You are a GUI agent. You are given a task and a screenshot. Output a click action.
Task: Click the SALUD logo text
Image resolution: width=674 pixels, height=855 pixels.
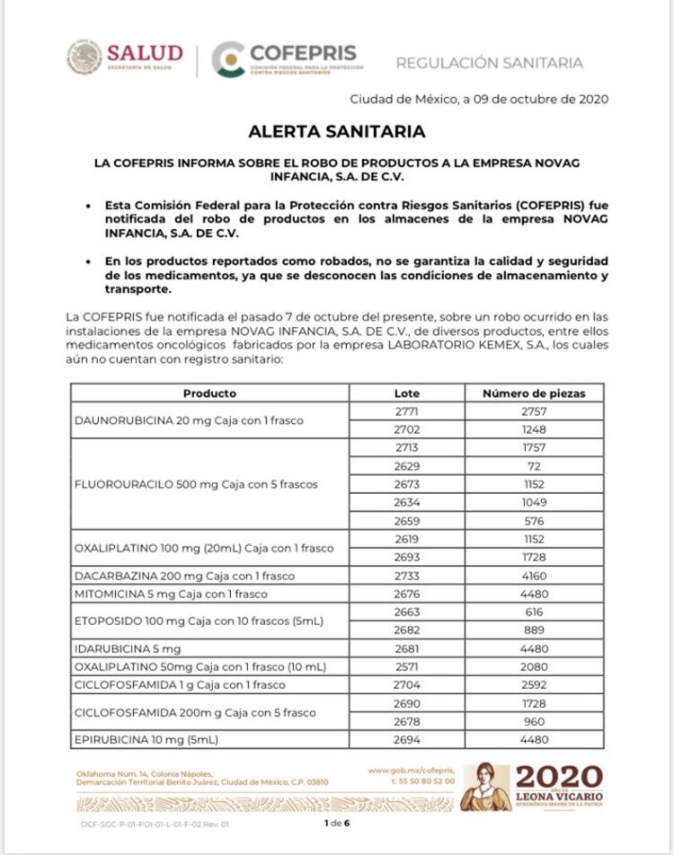coord(144,54)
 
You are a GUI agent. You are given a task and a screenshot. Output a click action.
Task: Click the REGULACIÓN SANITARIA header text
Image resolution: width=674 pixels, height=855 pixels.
coord(489,63)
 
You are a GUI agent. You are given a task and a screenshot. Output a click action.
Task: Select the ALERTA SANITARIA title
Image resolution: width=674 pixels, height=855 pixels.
coord(337,131)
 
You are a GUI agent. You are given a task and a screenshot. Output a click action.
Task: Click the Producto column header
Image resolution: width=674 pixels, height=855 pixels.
coord(209,393)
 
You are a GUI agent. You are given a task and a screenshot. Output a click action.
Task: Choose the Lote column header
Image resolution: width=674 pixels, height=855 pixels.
coord(406,393)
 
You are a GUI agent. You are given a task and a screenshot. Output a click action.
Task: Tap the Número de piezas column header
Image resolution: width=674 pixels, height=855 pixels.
coord(534,393)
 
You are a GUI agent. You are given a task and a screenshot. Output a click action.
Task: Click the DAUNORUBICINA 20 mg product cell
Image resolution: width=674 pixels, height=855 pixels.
coord(189,420)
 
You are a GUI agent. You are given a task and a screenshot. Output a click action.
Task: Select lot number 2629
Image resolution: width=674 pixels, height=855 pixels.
coord(406,465)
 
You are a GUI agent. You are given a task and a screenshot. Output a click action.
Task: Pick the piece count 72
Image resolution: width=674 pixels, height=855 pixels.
coord(534,465)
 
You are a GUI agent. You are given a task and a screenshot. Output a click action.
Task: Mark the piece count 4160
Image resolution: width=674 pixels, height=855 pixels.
coord(534,576)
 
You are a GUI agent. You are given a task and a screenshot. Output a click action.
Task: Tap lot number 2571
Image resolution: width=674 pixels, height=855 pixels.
coord(406,666)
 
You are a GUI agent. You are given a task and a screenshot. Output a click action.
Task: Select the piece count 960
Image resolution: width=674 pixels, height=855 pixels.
coord(534,721)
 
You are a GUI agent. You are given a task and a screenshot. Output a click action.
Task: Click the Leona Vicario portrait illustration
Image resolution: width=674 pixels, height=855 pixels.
coord(485,788)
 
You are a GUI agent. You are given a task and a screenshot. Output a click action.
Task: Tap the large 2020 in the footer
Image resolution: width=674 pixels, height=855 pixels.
coord(560,778)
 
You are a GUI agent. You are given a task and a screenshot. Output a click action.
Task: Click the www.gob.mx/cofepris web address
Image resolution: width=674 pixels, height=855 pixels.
coord(412,771)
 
